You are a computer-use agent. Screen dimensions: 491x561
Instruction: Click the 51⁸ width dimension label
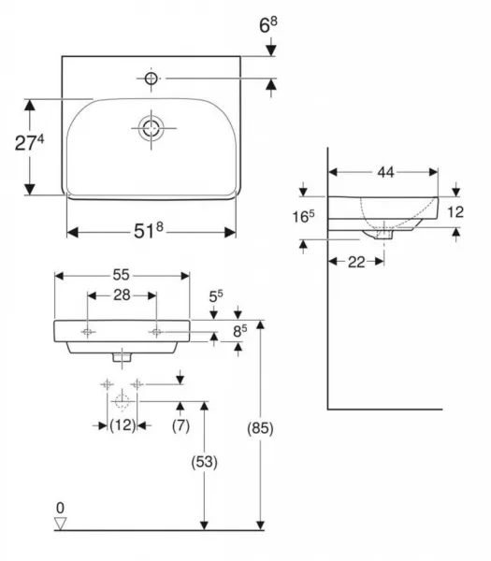[x=149, y=230]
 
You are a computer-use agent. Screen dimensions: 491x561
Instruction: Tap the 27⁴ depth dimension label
[x=29, y=142]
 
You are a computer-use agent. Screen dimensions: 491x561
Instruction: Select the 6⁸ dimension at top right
[x=268, y=25]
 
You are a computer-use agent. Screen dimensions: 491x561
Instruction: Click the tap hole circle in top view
[x=151, y=79]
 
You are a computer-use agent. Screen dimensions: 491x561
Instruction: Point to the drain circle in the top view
[x=151, y=128]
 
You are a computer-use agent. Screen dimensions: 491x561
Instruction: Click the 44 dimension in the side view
[x=385, y=172]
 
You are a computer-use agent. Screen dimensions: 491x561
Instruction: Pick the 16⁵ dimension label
[x=303, y=216]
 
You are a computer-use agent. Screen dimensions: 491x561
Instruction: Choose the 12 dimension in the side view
[x=455, y=212]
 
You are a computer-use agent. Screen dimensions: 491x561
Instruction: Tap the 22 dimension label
[x=356, y=262]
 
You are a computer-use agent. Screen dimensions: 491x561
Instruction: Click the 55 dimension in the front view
[x=121, y=275]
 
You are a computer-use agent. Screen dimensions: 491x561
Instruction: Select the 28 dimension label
[x=122, y=295]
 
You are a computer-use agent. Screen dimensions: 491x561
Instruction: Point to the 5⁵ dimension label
[x=216, y=296]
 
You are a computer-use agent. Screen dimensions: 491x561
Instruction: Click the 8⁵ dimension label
[x=239, y=331]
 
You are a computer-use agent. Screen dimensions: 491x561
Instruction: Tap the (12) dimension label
[x=123, y=425]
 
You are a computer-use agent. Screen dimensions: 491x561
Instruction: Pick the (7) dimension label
[x=181, y=425]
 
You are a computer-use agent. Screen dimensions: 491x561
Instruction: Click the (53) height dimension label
[x=204, y=462]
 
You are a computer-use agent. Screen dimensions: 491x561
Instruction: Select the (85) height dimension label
[x=260, y=428]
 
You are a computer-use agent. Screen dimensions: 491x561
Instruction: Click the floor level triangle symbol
[x=60, y=523]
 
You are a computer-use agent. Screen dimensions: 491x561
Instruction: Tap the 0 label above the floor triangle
[x=60, y=508]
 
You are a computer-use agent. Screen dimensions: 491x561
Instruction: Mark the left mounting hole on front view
[x=88, y=332]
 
